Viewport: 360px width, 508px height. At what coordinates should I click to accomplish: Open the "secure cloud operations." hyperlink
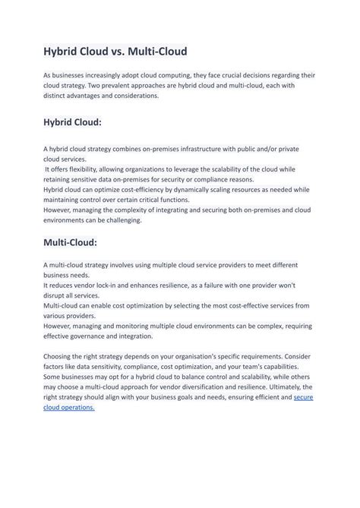(303, 397)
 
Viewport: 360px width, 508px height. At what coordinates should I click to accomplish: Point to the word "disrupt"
(57, 295)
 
